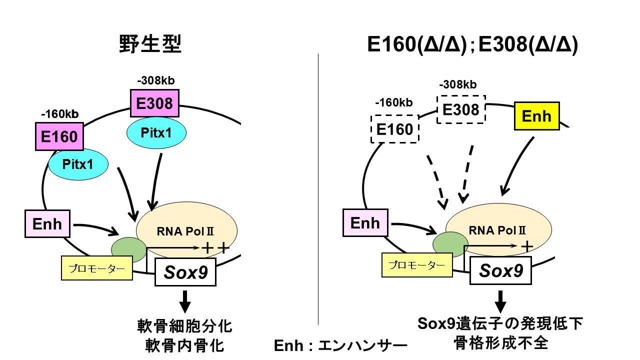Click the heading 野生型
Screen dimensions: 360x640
coord(150,44)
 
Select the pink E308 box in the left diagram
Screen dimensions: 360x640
coord(154,103)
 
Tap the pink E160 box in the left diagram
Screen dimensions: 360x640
coord(59,136)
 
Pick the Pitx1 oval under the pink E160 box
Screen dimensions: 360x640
coord(78,163)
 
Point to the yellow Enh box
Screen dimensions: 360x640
coord(536,116)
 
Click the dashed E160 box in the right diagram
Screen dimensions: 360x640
coord(394,129)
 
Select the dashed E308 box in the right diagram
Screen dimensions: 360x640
coord(461,109)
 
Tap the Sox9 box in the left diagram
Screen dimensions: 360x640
coord(185,272)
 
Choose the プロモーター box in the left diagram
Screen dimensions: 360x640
coord(97,268)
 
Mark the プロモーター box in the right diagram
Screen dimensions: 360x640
coord(417,265)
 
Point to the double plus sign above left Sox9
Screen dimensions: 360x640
coord(215,247)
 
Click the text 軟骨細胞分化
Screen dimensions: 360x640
coord(185,327)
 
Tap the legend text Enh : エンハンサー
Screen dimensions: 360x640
coord(340,346)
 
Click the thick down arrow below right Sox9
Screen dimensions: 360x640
coord(500,303)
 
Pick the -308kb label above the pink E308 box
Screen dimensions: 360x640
coord(155,80)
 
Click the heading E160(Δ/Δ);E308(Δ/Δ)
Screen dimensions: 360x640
coord(472,44)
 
